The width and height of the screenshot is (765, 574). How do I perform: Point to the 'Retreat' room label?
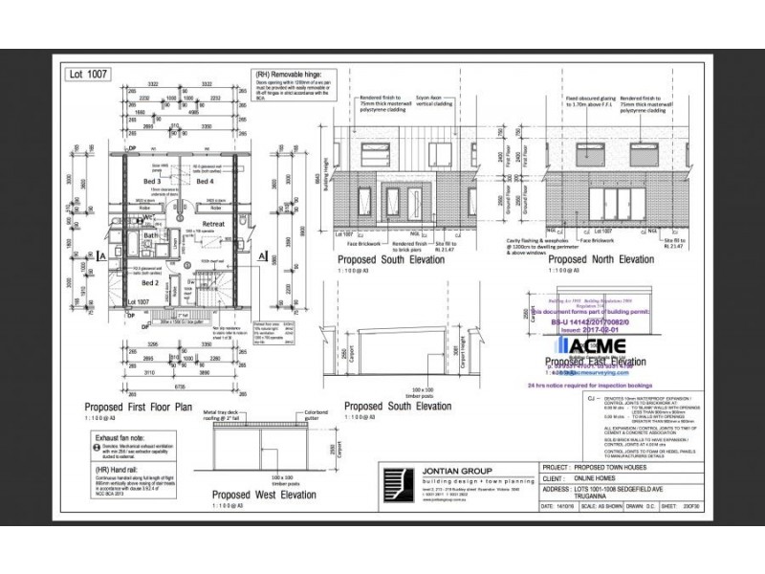click(212, 224)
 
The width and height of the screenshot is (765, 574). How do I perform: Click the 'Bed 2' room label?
click(150, 283)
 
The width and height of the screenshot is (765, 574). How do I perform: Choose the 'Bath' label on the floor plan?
click(150, 234)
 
